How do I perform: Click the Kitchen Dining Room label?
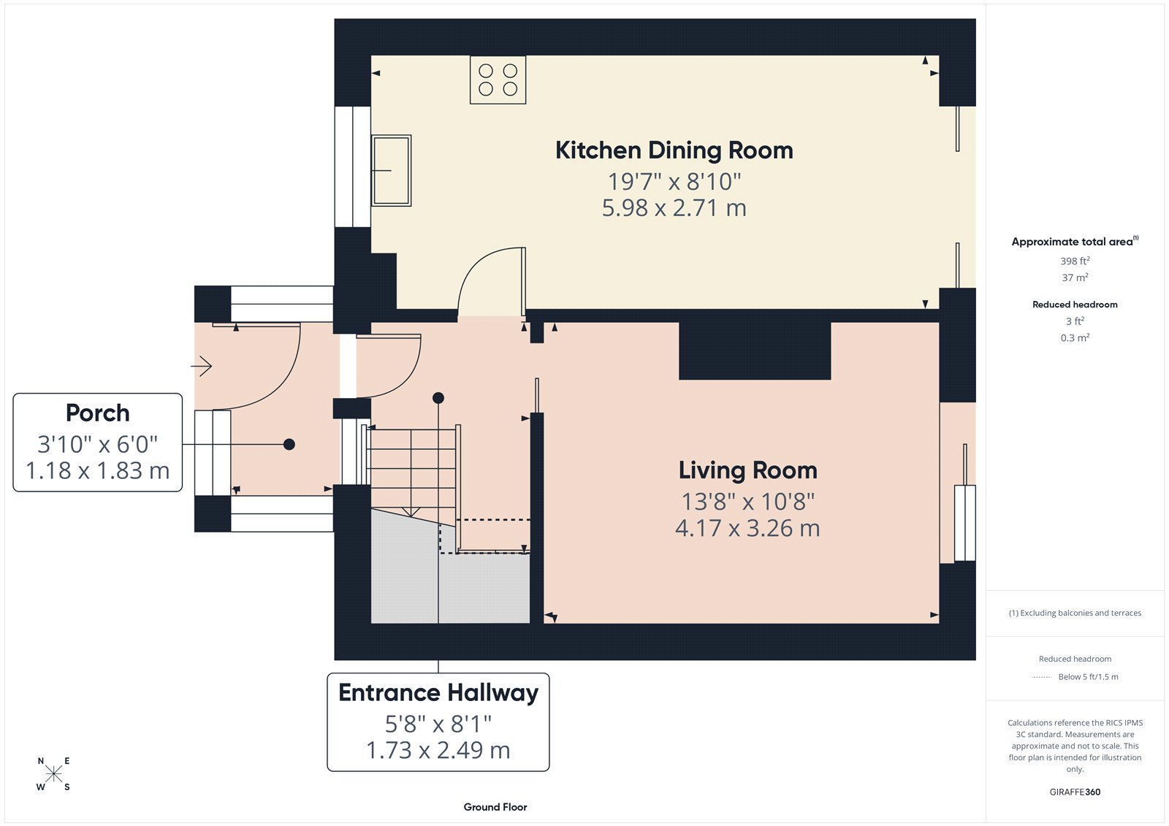click(x=674, y=150)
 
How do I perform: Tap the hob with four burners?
click(x=498, y=80)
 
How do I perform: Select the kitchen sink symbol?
click(x=392, y=170)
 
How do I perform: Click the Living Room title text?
click(x=747, y=470)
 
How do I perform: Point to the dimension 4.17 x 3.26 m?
click(x=747, y=528)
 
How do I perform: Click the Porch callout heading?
click(x=98, y=413)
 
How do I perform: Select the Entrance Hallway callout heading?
click(x=438, y=692)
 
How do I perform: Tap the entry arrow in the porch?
click(x=202, y=365)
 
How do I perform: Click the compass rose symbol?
click(x=53, y=774)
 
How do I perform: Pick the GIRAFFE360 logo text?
click(x=1075, y=792)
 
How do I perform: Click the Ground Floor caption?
click(x=495, y=807)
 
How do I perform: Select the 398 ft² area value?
click(x=1075, y=261)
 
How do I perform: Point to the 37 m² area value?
click(x=1075, y=278)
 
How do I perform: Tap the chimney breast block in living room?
click(x=755, y=351)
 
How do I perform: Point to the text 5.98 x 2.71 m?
click(x=674, y=208)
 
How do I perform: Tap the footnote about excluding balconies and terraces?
click(x=1075, y=613)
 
